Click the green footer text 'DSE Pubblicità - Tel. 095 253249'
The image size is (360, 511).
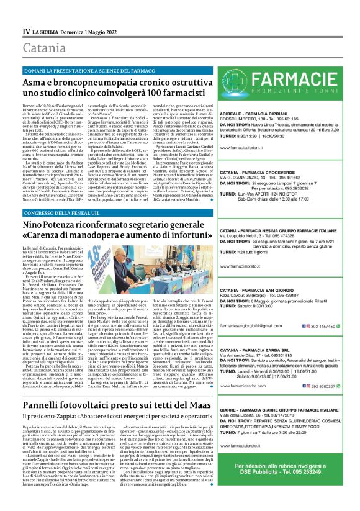coord(286,489)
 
